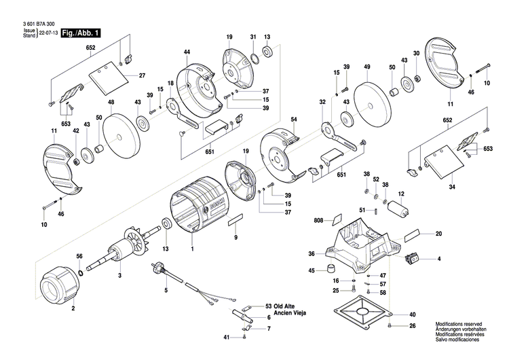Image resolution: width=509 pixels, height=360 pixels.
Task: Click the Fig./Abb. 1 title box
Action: [81, 33]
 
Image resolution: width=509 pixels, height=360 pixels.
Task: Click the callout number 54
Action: [294, 120]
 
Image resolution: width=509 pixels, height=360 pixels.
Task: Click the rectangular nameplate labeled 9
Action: [235, 220]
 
